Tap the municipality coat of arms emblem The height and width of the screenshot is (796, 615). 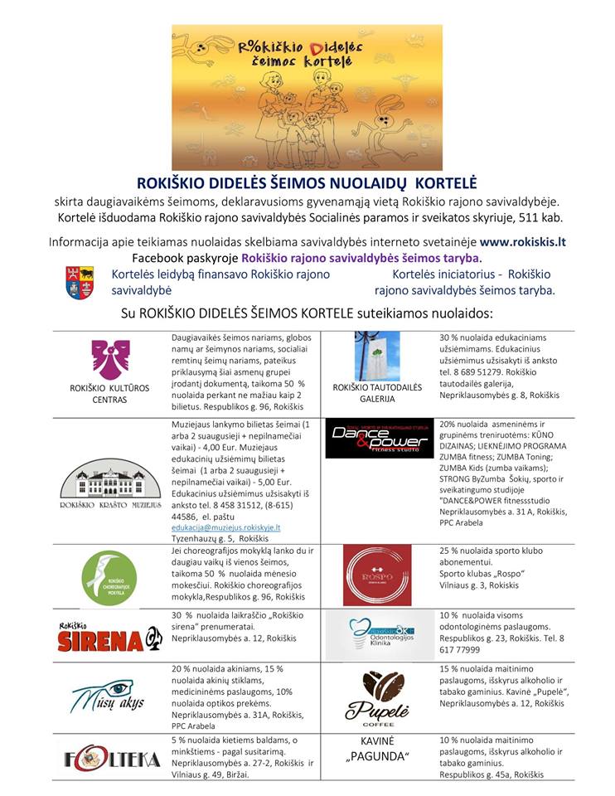coord(80,283)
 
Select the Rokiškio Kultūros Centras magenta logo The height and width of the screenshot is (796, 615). coord(110,359)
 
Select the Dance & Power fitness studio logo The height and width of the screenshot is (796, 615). coord(377,439)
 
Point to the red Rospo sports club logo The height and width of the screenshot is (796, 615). coord(377,575)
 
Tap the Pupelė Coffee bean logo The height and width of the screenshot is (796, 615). coord(377,696)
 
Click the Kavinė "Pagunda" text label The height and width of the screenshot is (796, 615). coord(377,750)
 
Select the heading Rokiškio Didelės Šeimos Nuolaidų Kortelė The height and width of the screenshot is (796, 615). coord(307,182)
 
